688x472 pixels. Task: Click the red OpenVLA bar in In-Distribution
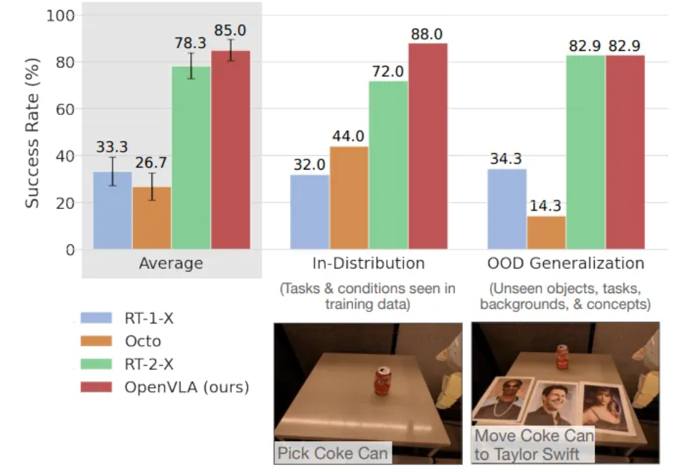click(x=428, y=147)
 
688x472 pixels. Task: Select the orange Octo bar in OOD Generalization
click(x=546, y=233)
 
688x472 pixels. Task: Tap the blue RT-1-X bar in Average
click(x=112, y=210)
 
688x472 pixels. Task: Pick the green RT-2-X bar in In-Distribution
click(x=388, y=165)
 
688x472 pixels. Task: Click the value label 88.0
click(x=428, y=34)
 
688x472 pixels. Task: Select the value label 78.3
click(x=191, y=42)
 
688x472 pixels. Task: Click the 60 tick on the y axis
click(x=60, y=109)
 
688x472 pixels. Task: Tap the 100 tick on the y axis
click(x=57, y=15)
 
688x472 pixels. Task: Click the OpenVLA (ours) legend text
click(x=187, y=387)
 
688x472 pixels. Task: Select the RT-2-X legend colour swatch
click(x=98, y=365)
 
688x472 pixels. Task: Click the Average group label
click(x=171, y=264)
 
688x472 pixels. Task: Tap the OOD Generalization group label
click(x=565, y=264)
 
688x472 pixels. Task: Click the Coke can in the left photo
click(x=384, y=381)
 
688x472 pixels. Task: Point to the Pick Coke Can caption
click(x=333, y=453)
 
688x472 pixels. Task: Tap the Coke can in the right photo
click(x=562, y=357)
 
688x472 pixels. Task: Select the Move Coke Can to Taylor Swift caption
click(x=534, y=445)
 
